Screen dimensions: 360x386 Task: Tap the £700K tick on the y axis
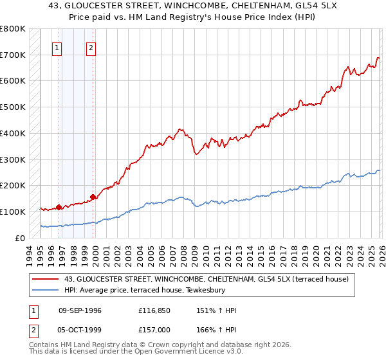pos(13,55)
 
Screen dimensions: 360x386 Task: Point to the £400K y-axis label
pos(13,133)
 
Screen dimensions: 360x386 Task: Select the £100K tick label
pos(13,212)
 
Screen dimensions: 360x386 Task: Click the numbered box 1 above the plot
pos(57,47)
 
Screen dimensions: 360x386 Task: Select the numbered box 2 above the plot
pos(91,47)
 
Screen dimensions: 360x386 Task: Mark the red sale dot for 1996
pos(59,207)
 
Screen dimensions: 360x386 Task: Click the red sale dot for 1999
pos(93,197)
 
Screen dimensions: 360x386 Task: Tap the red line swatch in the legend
pos(46,279)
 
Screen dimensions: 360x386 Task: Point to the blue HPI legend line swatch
pos(46,291)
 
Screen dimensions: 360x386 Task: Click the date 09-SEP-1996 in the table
pos(80,310)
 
